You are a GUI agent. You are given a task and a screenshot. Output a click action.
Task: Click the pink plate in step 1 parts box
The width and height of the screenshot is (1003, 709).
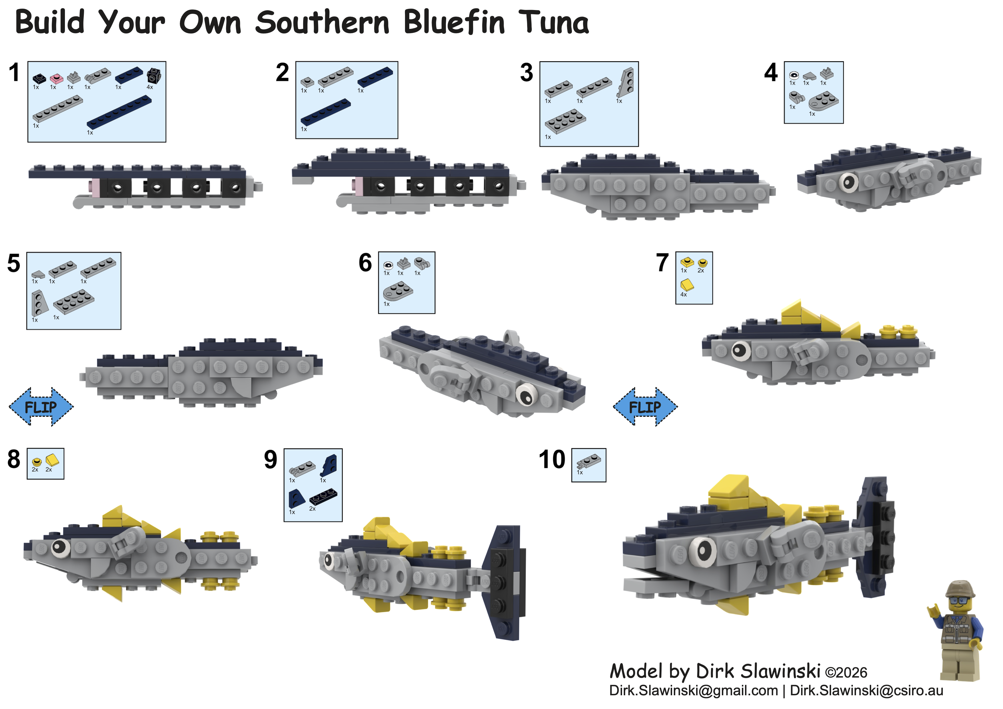[56, 79]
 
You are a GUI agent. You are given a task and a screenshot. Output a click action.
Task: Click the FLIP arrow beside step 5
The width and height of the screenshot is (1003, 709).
[41, 407]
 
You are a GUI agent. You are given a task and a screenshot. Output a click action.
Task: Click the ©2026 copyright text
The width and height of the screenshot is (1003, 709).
[846, 673]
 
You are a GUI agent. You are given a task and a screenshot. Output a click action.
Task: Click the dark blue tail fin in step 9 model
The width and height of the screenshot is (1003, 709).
[506, 583]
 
